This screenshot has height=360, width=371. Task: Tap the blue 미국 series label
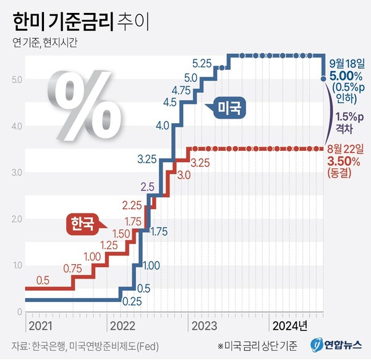(230, 108)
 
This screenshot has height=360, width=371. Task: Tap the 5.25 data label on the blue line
(203, 63)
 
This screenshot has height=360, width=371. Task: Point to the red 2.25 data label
(133, 205)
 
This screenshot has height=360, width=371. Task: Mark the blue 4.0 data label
(163, 126)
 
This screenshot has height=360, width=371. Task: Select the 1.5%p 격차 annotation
(350, 122)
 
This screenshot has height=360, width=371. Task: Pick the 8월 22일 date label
(346, 148)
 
